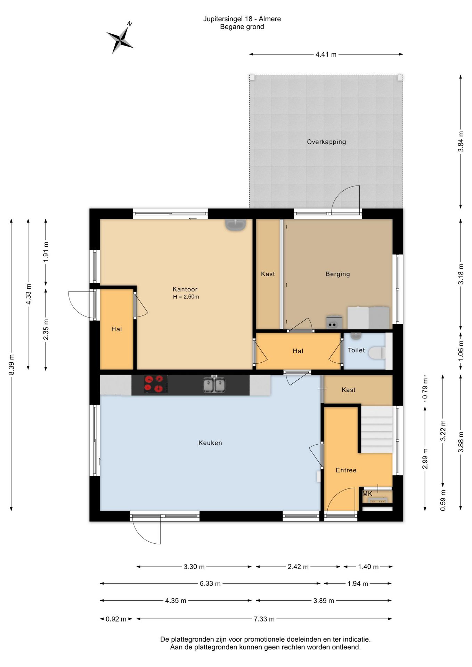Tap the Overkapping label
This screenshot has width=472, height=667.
point(326,142)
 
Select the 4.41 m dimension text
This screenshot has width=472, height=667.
point(326,54)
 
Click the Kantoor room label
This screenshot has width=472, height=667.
point(185,289)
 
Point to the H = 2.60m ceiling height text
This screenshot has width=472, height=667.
point(186,297)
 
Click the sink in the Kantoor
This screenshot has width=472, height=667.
point(236,224)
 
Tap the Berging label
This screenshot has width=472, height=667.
point(337,274)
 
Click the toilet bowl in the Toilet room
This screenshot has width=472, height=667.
point(377,353)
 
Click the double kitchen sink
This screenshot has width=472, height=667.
point(214,385)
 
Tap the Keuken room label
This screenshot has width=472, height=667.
point(210,443)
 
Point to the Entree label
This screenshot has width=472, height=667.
point(346,470)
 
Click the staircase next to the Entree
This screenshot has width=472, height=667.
point(377,429)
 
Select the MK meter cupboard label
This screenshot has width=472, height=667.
point(367,494)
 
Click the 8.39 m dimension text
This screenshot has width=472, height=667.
point(11,364)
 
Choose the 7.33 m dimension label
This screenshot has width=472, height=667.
point(264,619)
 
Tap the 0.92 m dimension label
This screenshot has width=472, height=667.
point(116,619)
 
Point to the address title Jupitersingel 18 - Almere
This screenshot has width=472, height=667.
point(242,19)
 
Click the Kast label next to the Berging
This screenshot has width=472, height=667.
point(268,274)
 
